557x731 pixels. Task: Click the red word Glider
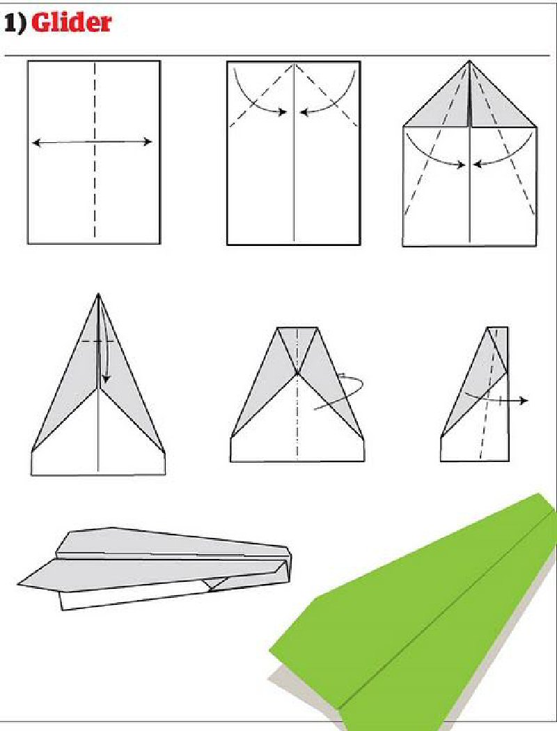coord(71,23)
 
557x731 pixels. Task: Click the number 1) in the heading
coord(15,23)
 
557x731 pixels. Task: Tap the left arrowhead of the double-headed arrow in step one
coord(36,142)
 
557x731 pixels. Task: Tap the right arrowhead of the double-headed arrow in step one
coord(148,141)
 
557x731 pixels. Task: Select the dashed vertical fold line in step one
coord(95,150)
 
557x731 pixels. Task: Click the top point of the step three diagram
coord(469,61)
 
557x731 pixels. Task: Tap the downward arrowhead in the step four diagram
coord(106,378)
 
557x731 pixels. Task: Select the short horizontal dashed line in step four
coord(97,341)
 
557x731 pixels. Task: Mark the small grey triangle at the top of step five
coord(297,345)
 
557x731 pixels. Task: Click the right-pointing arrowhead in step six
coord(524,401)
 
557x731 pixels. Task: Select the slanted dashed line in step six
coord(489,393)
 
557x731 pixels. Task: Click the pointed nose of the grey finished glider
coord(19,583)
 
